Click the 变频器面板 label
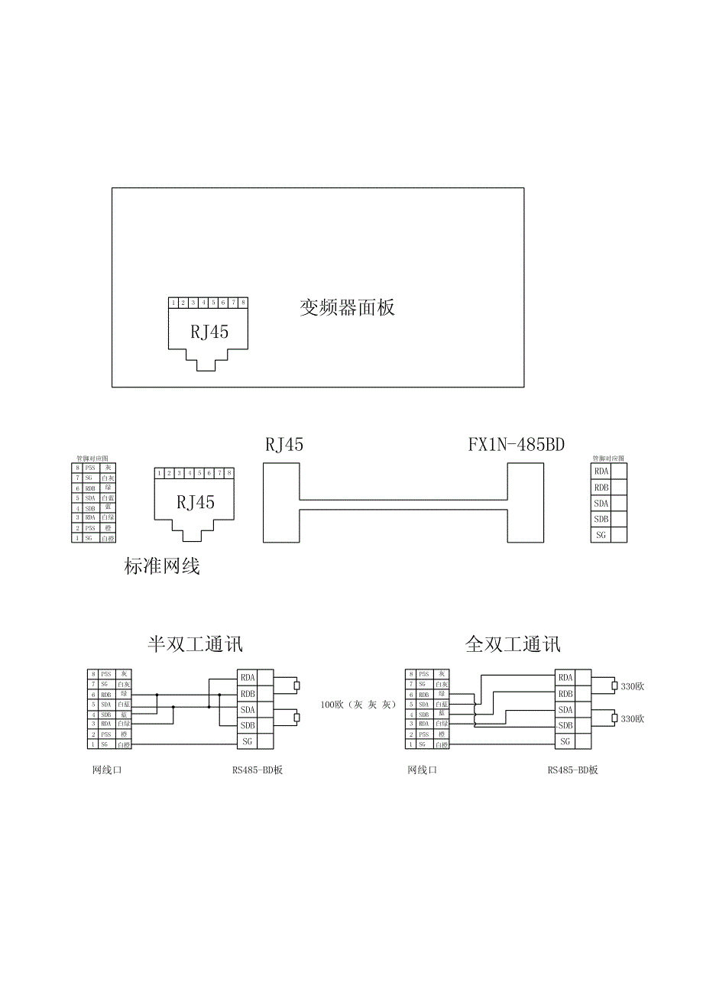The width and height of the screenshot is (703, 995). coord(348,308)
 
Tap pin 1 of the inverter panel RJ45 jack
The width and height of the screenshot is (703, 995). coord(174,303)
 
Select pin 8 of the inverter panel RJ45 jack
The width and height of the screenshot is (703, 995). coord(243,303)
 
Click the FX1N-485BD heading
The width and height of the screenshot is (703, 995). coord(517,445)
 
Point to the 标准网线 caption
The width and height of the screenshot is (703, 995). coord(161,566)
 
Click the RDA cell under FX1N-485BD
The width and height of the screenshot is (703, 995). coord(601,472)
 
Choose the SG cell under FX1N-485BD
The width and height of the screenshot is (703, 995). coord(601,535)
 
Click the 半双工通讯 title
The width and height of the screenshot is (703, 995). coord(195,644)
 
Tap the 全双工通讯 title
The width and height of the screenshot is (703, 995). coord(513,644)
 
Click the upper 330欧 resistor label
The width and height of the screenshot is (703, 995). coord(633,686)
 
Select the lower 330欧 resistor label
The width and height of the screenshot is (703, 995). coord(633,719)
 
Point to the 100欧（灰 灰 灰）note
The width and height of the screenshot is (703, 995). coord(358,704)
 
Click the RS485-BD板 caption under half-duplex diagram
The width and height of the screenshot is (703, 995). coord(258,770)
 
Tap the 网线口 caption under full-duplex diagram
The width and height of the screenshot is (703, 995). coord(422,770)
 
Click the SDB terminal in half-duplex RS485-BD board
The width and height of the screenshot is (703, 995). coord(248,725)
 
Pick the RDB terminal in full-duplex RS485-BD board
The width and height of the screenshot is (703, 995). coord(565,694)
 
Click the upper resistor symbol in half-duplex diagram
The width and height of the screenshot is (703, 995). coord(298,685)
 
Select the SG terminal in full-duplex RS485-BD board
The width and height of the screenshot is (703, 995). coord(565,741)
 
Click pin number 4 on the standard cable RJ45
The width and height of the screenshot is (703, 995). coord(189,474)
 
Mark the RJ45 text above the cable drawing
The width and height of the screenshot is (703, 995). coord(284,445)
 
